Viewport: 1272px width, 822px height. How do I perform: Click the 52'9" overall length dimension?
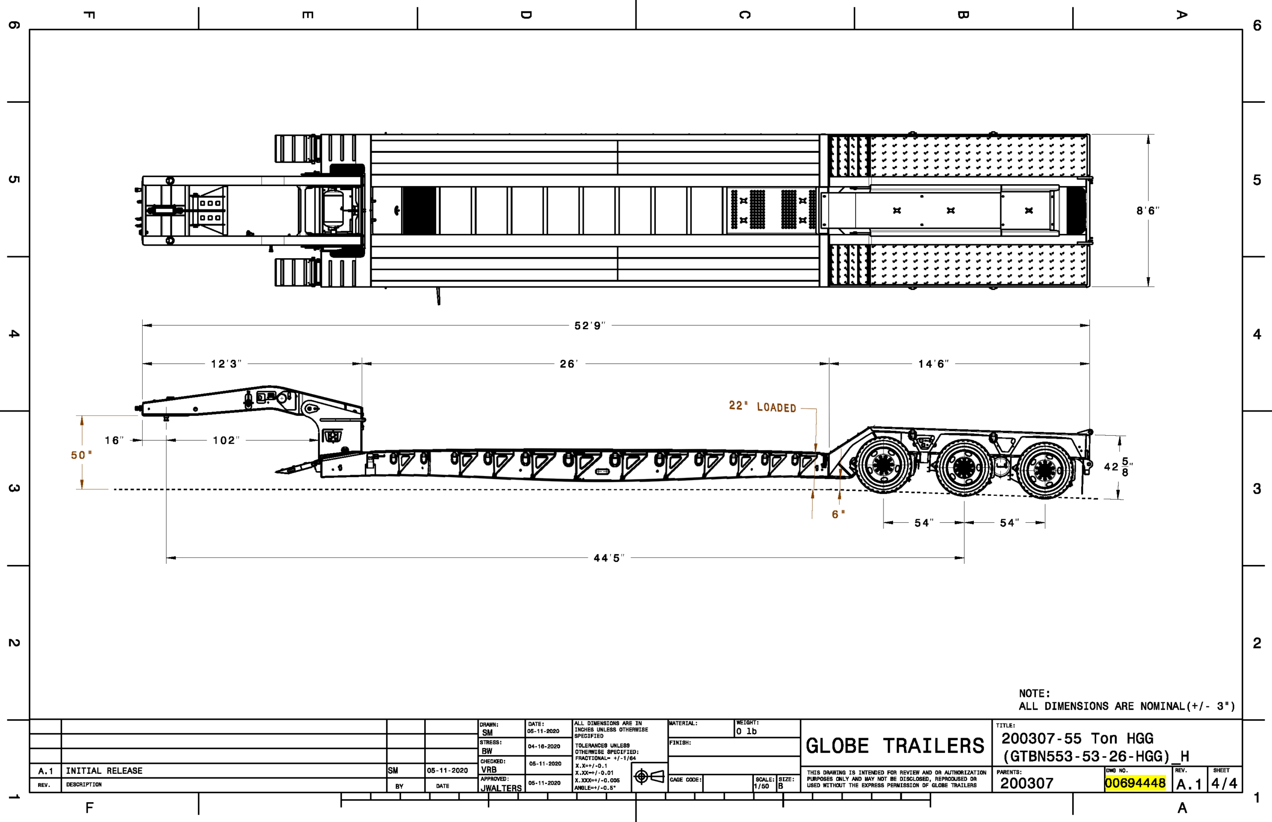point(589,326)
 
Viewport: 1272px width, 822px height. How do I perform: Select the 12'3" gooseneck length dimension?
point(226,364)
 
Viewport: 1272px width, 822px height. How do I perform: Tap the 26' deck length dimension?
point(568,364)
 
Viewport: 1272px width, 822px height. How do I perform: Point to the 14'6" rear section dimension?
point(933,364)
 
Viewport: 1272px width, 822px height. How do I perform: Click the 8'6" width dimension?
point(1147,211)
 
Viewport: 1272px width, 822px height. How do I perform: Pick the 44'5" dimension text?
point(609,558)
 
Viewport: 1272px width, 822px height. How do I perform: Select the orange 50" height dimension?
point(81,455)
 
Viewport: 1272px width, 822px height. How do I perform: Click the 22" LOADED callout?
point(762,407)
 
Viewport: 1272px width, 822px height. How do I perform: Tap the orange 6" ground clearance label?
point(838,515)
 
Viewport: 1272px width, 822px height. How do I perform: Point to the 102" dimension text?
point(226,440)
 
